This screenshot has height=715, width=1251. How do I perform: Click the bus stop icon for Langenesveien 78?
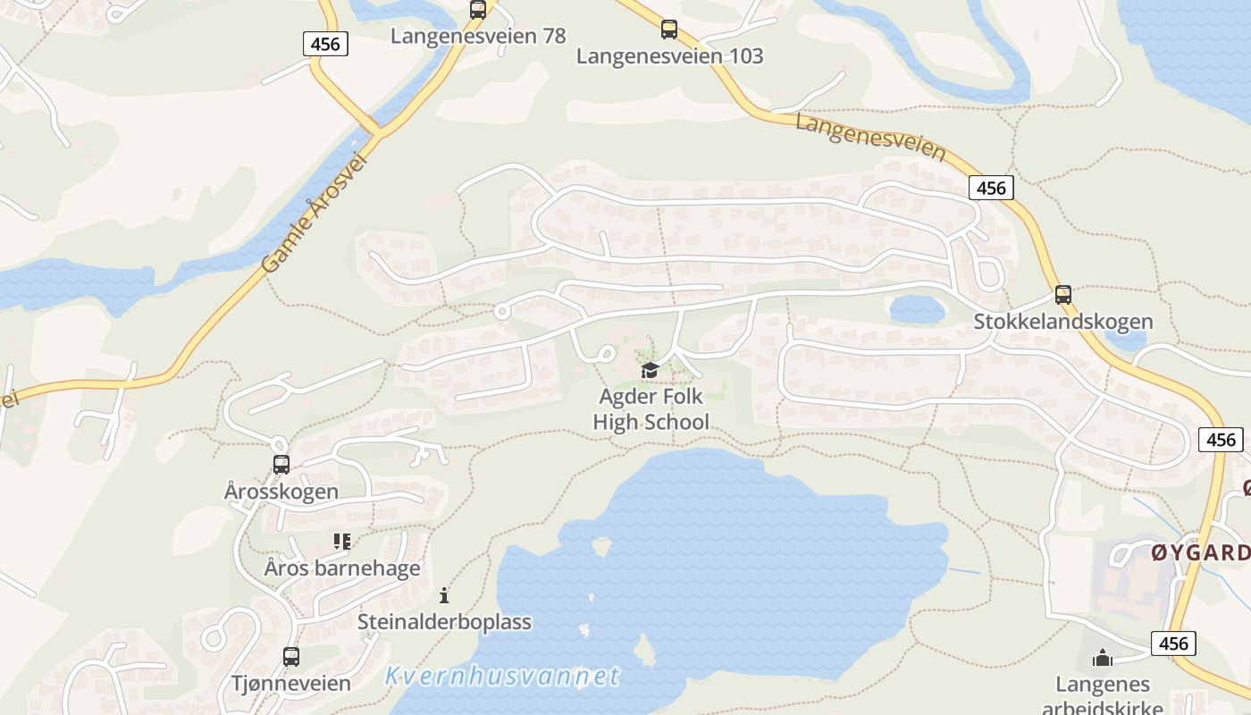point(478,10)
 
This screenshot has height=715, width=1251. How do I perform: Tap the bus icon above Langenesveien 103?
point(669,29)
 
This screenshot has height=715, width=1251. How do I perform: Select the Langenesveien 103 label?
point(669,56)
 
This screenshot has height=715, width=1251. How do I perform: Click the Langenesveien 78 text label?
point(478,36)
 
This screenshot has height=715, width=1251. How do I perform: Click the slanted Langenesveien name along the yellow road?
point(869,137)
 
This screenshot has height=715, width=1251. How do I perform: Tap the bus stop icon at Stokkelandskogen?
point(1062,294)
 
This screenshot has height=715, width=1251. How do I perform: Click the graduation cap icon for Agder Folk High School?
point(650,370)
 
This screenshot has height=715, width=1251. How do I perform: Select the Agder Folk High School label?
point(651,409)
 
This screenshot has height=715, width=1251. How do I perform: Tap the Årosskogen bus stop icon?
point(281,465)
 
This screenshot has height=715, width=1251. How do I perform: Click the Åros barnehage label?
point(342,568)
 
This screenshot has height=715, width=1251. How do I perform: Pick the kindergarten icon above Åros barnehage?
point(342,542)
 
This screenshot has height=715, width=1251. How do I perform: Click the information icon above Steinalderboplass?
point(444,595)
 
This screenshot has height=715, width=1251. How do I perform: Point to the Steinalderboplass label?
point(444,622)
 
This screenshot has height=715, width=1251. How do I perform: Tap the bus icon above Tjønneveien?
point(291,657)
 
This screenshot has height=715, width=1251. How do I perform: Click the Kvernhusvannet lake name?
point(502,677)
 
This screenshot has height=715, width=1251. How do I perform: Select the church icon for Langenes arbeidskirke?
point(1103,659)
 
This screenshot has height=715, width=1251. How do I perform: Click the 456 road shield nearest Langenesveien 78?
point(324,43)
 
